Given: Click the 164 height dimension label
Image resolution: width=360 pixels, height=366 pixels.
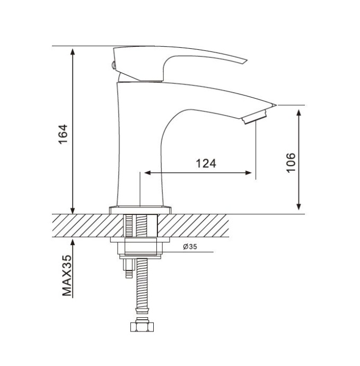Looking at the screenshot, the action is click(63, 134).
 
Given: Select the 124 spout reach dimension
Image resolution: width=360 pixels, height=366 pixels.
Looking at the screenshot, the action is click(206, 163).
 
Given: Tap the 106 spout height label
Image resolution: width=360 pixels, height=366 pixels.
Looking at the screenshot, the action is click(291, 163).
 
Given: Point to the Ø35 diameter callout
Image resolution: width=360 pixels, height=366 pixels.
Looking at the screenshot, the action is click(190, 247).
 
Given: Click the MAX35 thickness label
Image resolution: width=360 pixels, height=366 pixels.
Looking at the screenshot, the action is click(67, 276).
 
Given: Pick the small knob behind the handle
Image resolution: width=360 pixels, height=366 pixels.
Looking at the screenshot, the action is click(113, 65).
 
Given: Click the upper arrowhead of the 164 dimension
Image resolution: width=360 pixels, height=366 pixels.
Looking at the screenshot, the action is click(73, 52).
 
